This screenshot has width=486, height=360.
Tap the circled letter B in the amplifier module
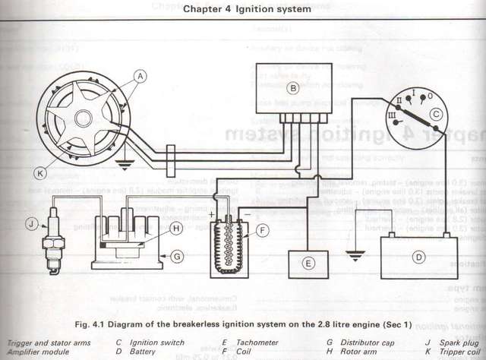292,87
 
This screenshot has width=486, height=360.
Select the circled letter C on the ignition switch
435,115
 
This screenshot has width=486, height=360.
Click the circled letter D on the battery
418,257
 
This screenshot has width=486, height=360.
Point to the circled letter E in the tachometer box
308,264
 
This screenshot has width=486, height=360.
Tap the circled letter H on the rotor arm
175,228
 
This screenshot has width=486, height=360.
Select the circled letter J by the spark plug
31,223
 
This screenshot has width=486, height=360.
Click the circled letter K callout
40,172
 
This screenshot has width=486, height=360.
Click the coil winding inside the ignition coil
227,239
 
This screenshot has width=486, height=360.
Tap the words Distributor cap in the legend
365,343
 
